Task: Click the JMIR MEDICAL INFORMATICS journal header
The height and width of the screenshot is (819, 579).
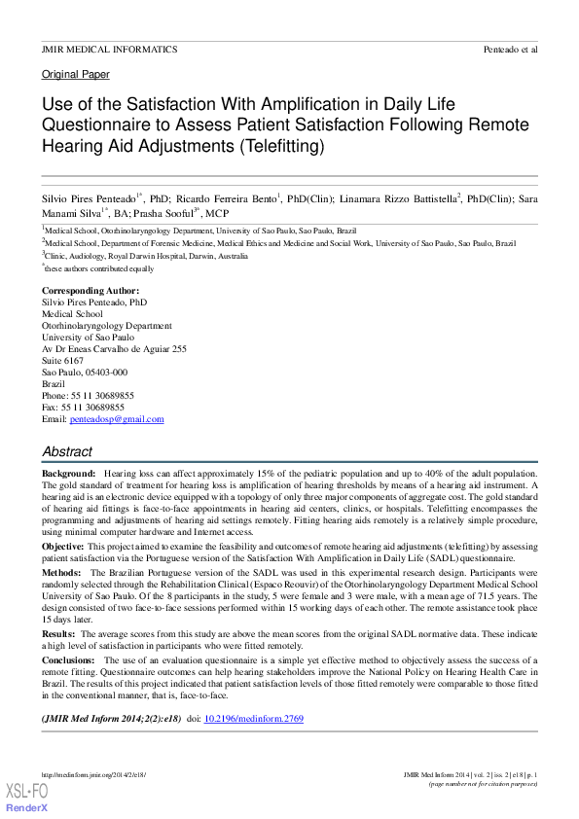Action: [109, 49]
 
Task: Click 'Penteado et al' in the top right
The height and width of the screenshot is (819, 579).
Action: [510, 49]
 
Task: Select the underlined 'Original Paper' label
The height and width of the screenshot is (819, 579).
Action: [76, 75]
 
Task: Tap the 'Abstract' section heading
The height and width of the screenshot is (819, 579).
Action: [67, 451]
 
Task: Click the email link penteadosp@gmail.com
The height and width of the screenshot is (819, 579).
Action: [117, 419]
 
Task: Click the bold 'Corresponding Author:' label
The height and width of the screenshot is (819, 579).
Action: [90, 291]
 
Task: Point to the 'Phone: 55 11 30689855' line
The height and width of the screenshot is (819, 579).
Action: [88, 396]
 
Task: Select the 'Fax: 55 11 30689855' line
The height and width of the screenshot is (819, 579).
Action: [83, 408]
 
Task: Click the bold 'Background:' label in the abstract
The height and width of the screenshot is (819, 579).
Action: [68, 473]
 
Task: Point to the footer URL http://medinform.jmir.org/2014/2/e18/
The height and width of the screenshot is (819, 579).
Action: [93, 775]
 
